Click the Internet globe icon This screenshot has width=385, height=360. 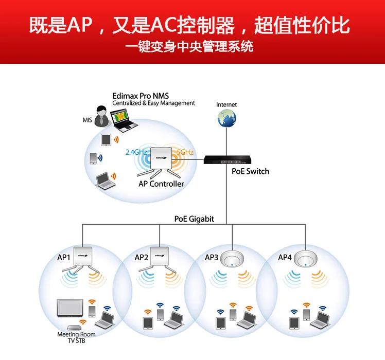[226, 118]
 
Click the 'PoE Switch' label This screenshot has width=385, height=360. [250, 171]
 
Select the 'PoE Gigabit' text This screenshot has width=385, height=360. [194, 219]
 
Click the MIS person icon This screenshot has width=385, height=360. [101, 116]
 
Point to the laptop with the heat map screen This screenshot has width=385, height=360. [123, 121]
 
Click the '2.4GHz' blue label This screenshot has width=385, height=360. [136, 152]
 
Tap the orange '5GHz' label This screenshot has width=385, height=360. [185, 152]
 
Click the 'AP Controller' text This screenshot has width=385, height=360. [161, 184]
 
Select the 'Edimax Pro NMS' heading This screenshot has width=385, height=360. [141, 96]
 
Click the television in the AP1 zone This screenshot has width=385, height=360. [70, 308]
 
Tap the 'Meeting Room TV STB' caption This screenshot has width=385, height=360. [76, 337]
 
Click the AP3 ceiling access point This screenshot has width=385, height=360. [232, 259]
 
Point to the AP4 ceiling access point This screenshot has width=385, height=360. [305, 259]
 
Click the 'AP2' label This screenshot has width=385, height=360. [142, 258]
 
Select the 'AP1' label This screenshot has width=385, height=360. [64, 258]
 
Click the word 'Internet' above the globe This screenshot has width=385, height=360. [226, 105]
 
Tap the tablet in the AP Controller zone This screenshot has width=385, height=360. [106, 140]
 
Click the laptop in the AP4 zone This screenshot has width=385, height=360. [320, 320]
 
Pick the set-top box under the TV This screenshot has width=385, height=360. [74, 328]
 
